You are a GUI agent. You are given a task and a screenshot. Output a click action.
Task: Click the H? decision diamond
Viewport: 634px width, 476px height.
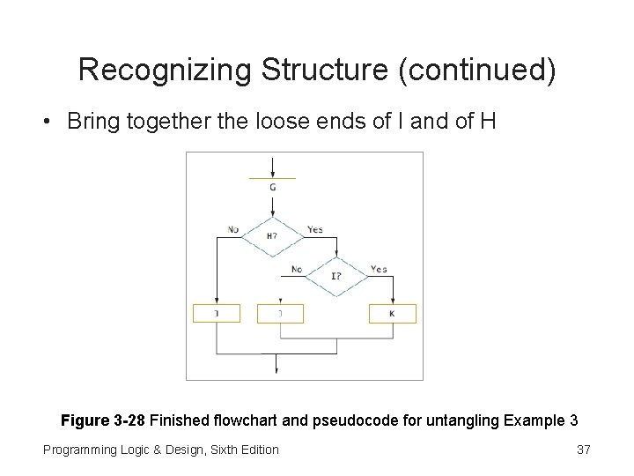click(x=273, y=235)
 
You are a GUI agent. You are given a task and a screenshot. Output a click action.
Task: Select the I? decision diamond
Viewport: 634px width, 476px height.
click(x=336, y=275)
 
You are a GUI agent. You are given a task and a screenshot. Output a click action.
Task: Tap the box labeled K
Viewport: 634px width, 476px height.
click(x=393, y=314)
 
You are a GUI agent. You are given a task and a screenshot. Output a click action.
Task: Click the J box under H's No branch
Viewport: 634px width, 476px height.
click(x=216, y=314)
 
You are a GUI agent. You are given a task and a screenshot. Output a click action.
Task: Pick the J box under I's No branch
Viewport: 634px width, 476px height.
click(x=280, y=314)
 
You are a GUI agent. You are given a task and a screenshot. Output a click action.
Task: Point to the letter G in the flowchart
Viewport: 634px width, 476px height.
click(x=273, y=187)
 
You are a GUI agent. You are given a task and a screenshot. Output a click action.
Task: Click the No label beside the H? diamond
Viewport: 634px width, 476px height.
click(x=233, y=230)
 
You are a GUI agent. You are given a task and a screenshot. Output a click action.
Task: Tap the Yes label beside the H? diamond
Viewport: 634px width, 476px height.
click(x=314, y=230)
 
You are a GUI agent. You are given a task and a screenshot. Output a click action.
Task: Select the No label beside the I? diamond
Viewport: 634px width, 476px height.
click(x=297, y=270)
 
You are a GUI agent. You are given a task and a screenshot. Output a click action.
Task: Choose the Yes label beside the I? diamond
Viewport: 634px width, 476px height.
click(x=379, y=269)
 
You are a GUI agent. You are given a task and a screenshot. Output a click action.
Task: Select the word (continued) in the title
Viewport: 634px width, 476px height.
click(x=477, y=70)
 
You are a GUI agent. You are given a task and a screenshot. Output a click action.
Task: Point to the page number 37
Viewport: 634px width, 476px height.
click(x=583, y=450)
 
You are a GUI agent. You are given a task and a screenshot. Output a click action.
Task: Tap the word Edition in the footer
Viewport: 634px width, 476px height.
click(x=254, y=450)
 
